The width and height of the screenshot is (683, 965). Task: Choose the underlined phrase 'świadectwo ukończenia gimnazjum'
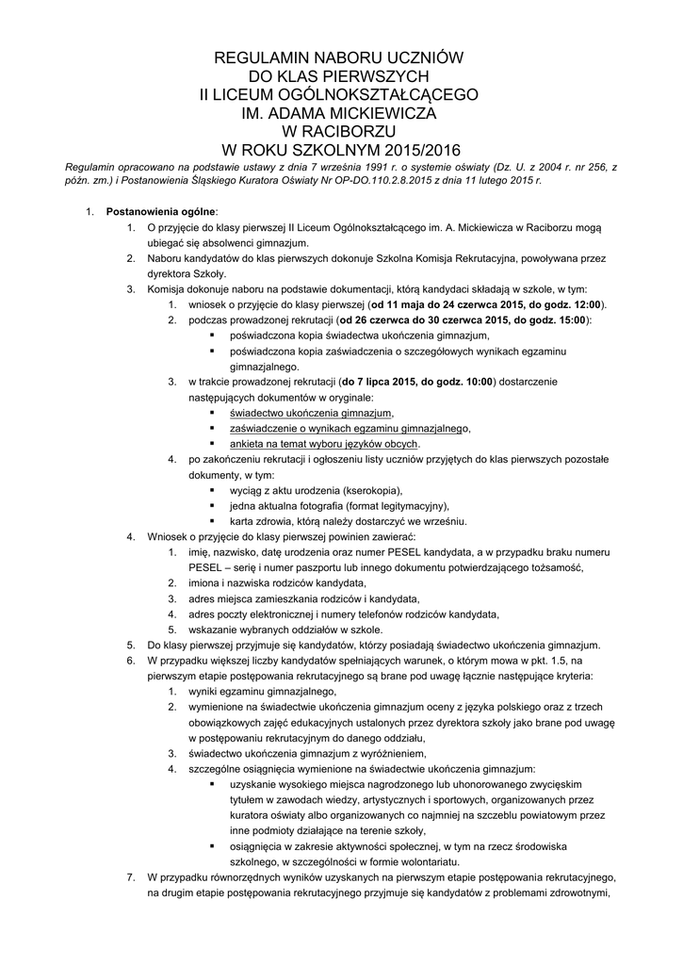(x=310, y=413)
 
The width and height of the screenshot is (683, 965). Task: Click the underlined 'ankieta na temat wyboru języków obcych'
(x=324, y=443)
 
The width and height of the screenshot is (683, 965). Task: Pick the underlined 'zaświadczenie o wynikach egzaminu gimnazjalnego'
(x=349, y=428)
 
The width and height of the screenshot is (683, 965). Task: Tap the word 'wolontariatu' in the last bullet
(x=425, y=860)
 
